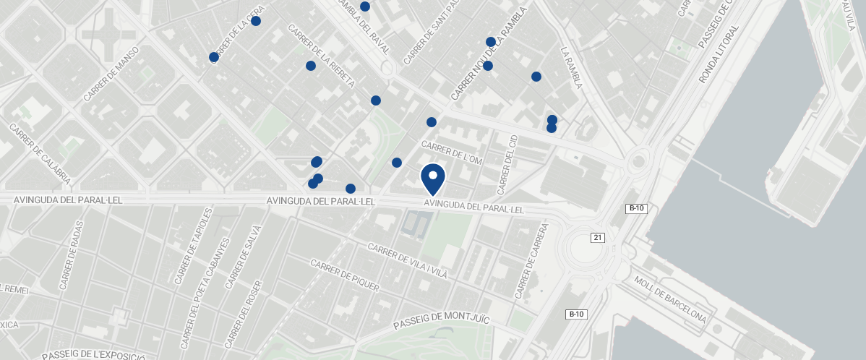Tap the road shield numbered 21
597,238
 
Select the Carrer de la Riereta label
321,56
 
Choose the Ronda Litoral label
719,55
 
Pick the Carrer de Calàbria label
40,153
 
